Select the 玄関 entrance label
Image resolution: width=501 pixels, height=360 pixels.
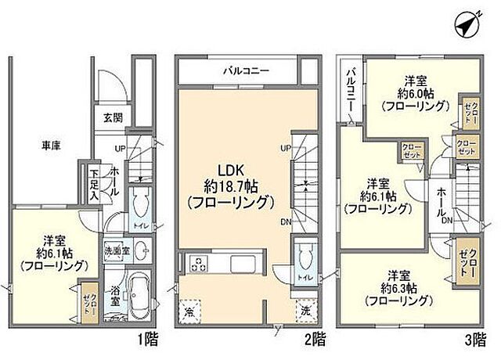pyautogui.click(x=112, y=118)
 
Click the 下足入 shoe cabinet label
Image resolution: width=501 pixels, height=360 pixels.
pyautogui.click(x=93, y=185)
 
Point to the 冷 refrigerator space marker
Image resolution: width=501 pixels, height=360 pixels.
pyautogui.click(x=189, y=311)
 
